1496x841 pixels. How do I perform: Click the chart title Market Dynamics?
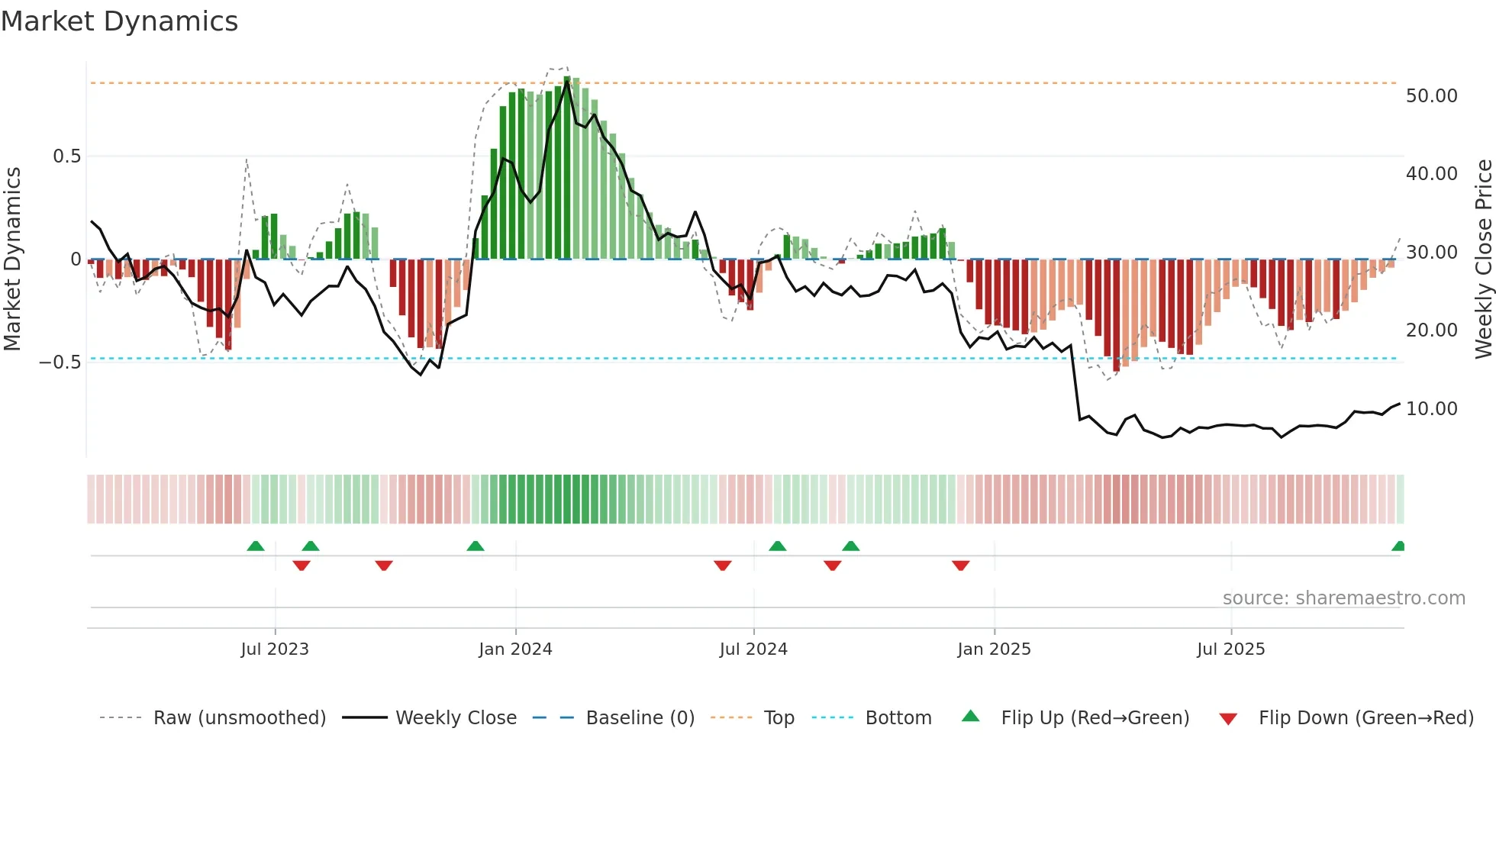pyautogui.click(x=119, y=21)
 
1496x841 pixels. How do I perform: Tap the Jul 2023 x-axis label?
pyautogui.click(x=275, y=649)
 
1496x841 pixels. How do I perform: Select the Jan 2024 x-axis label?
pyautogui.click(x=515, y=649)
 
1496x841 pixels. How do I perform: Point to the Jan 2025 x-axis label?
pyautogui.click(x=994, y=649)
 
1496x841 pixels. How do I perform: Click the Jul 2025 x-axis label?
pyautogui.click(x=1230, y=649)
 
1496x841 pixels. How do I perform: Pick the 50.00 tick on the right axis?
pyautogui.click(x=1431, y=96)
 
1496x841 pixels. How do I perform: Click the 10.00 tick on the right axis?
pyautogui.click(x=1431, y=409)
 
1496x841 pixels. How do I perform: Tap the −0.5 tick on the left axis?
pyautogui.click(x=60, y=362)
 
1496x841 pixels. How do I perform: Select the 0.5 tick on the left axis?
pyautogui.click(x=66, y=156)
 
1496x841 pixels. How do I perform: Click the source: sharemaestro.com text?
pyautogui.click(x=1343, y=598)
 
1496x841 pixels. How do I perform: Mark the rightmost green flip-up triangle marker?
pyautogui.click(x=1398, y=546)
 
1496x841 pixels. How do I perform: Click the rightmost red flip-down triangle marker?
pyautogui.click(x=960, y=565)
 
